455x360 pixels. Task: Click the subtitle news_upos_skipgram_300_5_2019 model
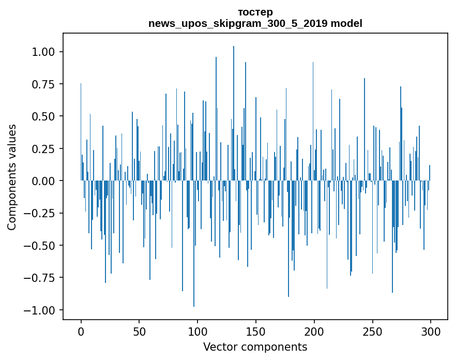[255, 23]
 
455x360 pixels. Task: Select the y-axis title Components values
[12, 177]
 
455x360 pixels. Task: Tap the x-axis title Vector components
[255, 347]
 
